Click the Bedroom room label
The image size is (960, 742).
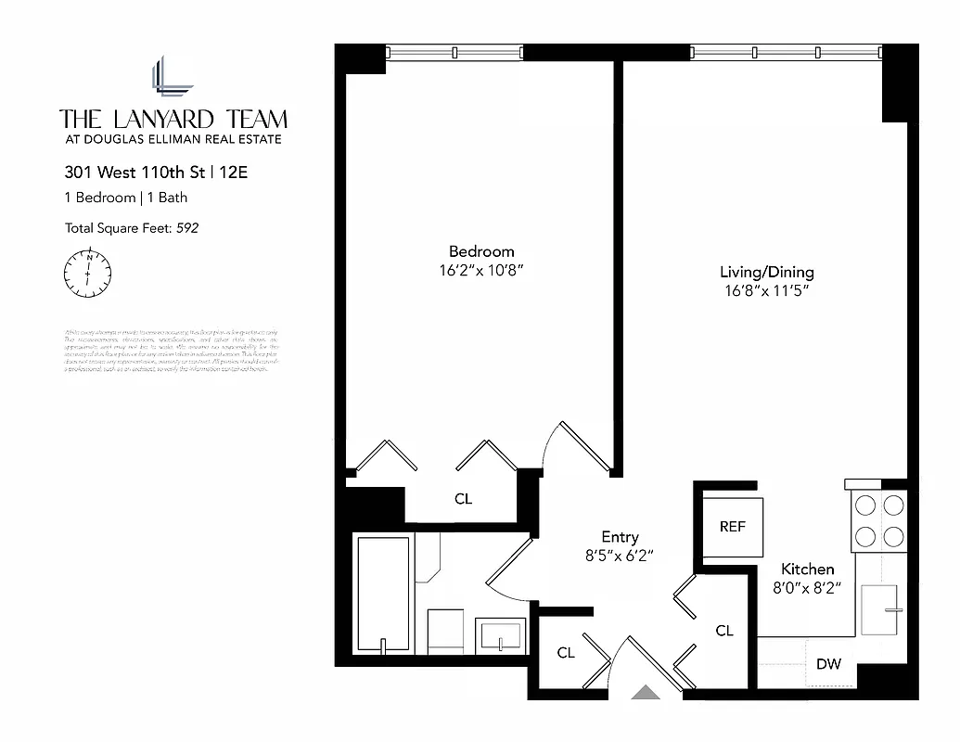[481, 251]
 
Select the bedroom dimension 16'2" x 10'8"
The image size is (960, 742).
[481, 271]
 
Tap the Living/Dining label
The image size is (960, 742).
[767, 272]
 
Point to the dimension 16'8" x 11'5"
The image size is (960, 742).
[767, 291]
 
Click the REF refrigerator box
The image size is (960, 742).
[733, 527]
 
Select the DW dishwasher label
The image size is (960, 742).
[828, 664]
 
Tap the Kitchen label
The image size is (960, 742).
[807, 569]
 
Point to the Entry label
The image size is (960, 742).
[620, 537]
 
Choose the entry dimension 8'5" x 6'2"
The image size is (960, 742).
[620, 556]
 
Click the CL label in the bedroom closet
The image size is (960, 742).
[463, 499]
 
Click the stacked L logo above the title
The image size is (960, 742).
[173, 77]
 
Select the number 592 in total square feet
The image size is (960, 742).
[188, 227]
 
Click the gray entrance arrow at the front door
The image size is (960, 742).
[643, 691]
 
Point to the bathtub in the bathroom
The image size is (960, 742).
[382, 594]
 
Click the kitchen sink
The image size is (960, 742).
[882, 609]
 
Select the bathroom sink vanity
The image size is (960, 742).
[500, 637]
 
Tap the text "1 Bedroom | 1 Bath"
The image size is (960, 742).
[126, 198]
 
